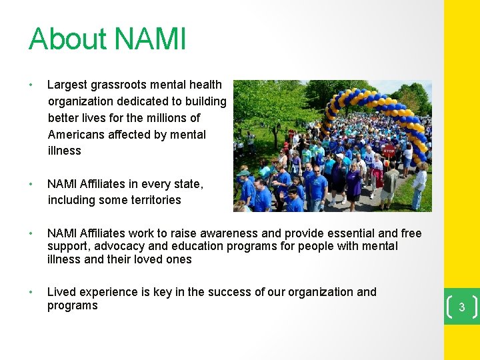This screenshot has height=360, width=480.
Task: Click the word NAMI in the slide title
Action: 151,39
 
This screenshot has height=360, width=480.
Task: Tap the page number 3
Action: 461,307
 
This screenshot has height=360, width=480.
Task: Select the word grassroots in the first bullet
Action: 125,85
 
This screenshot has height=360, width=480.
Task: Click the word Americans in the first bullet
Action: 77,134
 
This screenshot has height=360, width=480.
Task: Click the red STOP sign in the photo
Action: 389,151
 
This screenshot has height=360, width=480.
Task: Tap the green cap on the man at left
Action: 244,173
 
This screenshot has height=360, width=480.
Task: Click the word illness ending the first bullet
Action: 65,151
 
